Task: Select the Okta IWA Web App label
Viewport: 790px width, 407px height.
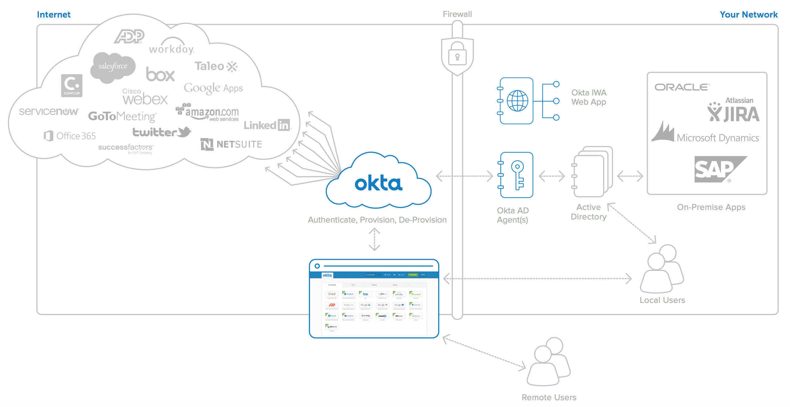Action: [x=589, y=97]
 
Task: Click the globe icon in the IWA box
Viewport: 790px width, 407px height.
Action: [x=517, y=101]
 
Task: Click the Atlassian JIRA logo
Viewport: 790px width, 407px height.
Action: [x=733, y=111]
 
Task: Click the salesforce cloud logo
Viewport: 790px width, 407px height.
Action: [x=113, y=66]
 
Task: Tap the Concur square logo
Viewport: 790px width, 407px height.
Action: [x=72, y=86]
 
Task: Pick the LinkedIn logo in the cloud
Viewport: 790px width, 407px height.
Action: [x=267, y=125]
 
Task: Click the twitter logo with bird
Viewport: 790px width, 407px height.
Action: [x=162, y=132]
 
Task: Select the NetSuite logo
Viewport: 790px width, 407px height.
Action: [x=231, y=144]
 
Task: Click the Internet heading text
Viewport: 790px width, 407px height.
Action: [x=54, y=14]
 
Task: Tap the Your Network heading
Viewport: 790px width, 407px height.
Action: [x=748, y=14]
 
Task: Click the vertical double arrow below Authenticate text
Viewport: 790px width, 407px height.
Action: [x=374, y=239]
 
